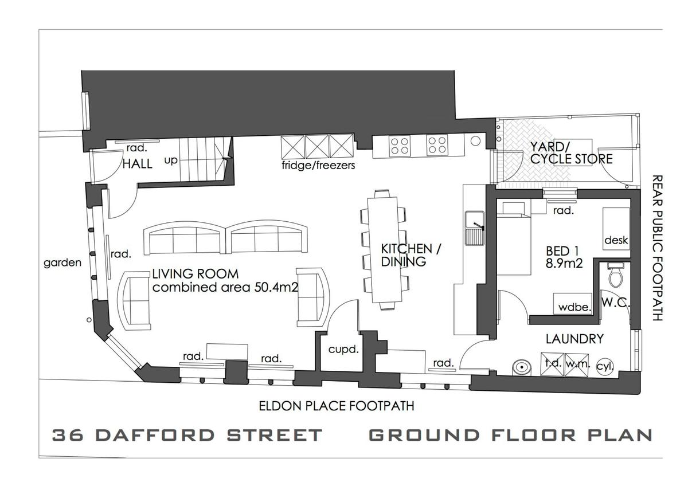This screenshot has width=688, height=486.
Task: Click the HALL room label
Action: [x=137, y=164]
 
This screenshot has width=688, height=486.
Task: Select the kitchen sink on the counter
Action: [x=475, y=228]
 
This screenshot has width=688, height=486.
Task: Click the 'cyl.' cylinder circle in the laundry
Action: [x=605, y=366]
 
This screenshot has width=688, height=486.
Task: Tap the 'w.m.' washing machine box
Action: [x=577, y=364]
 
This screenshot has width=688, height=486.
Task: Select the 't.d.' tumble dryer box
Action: [x=553, y=364]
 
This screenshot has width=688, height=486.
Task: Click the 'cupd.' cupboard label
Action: [x=343, y=350]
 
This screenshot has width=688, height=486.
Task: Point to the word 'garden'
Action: [x=62, y=263]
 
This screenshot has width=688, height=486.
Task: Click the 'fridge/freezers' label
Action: [x=319, y=166]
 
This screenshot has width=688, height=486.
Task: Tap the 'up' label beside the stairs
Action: [x=171, y=160]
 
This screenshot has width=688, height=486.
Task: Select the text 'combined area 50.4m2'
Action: [x=225, y=287]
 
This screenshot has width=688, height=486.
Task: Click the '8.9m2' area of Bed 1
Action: [x=564, y=264]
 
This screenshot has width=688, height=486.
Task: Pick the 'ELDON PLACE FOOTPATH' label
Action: [x=337, y=406]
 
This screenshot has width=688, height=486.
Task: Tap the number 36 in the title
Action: [x=68, y=435]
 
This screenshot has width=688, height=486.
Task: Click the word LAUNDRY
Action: [x=574, y=339]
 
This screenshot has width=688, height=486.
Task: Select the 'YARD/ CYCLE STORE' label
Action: [x=571, y=153]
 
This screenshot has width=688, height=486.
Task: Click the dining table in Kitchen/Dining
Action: [x=384, y=250]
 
